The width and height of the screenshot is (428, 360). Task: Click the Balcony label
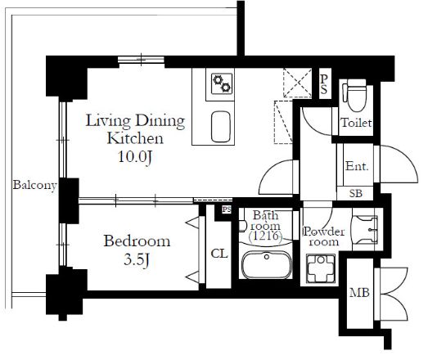click(x=35, y=186)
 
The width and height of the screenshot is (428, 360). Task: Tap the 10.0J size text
click(x=135, y=157)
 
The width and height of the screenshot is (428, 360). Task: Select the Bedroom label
click(x=137, y=241)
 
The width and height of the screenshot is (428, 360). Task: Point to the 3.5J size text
click(x=137, y=259)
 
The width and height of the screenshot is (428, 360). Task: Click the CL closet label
click(x=219, y=254)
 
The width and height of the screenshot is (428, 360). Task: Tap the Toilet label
click(x=356, y=123)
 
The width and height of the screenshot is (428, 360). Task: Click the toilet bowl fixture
click(x=355, y=95)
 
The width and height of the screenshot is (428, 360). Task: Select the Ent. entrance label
click(x=357, y=166)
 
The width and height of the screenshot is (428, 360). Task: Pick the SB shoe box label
click(x=356, y=194)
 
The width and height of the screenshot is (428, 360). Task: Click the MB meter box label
click(x=359, y=293)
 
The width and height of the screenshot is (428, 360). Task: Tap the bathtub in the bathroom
click(x=267, y=265)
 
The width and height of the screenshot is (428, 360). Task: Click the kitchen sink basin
click(x=221, y=126)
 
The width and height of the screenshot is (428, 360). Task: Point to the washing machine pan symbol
click(x=321, y=268)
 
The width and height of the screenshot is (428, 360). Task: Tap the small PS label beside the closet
click(x=227, y=210)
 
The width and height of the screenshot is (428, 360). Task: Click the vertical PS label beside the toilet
click(x=324, y=84)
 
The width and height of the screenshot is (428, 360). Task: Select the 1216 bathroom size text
click(x=265, y=236)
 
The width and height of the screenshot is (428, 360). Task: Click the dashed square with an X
click(x=297, y=83)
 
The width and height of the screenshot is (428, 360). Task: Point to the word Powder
click(x=324, y=232)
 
